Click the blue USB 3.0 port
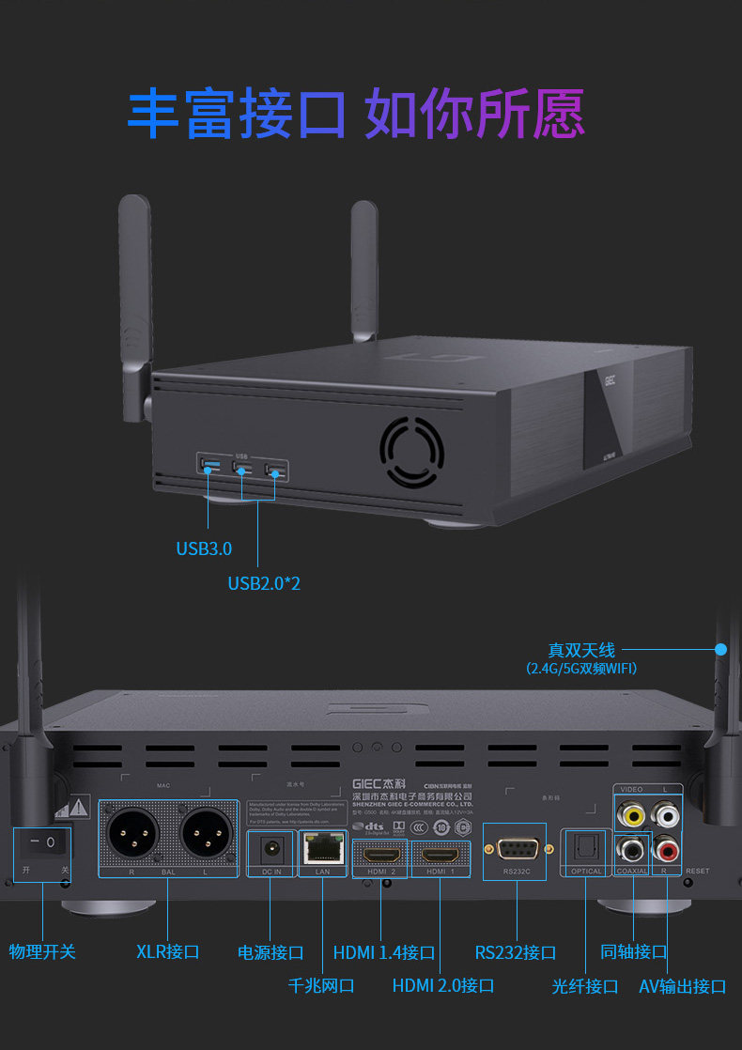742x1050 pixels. [209, 465]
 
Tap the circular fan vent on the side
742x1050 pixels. [411, 453]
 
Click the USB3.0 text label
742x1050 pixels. [204, 548]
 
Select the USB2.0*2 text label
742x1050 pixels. [264, 583]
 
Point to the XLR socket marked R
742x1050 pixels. [131, 832]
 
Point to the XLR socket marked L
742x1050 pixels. [205, 832]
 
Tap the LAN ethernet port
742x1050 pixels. [322, 849]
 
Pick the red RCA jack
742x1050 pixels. [667, 851]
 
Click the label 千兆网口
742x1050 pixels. [321, 985]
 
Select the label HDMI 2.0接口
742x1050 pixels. [443, 985]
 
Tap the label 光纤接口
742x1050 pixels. [585, 986]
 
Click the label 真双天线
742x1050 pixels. [580, 650]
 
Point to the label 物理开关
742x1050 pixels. [42, 951]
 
